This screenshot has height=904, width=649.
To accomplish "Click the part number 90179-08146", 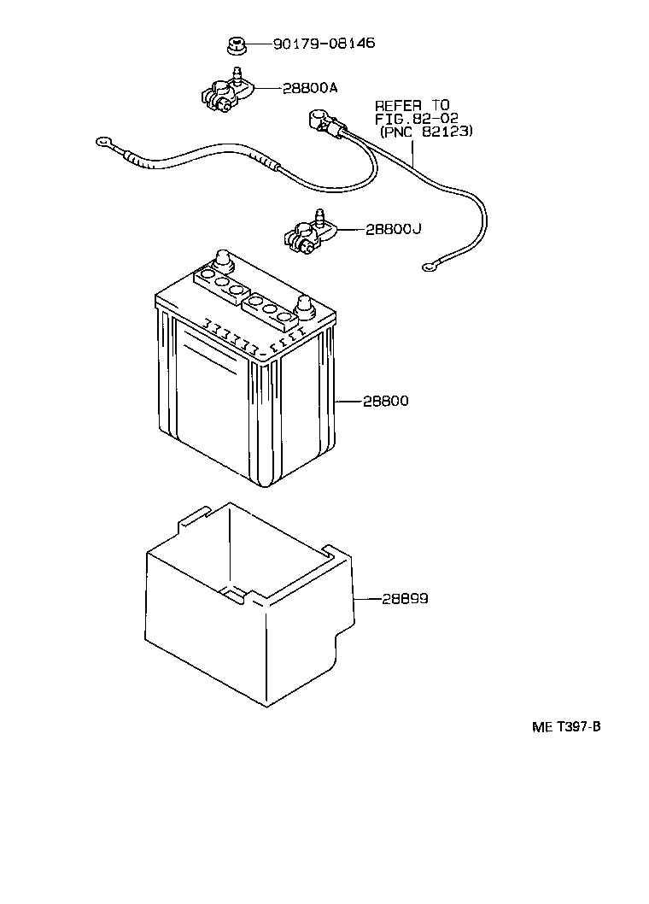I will (324, 44).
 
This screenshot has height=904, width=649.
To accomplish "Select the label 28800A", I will (301, 87).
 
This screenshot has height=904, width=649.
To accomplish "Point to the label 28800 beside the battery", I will (385, 400).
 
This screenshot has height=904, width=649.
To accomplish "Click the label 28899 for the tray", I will (404, 599).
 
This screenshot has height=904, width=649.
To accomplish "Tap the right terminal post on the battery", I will (303, 304).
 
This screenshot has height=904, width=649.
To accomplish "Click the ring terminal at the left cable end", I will (104, 143).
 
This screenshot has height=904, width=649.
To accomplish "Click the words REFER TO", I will (412, 105).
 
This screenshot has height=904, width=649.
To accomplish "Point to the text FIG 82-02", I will (418, 119).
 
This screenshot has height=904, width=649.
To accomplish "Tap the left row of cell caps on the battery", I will (219, 282).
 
